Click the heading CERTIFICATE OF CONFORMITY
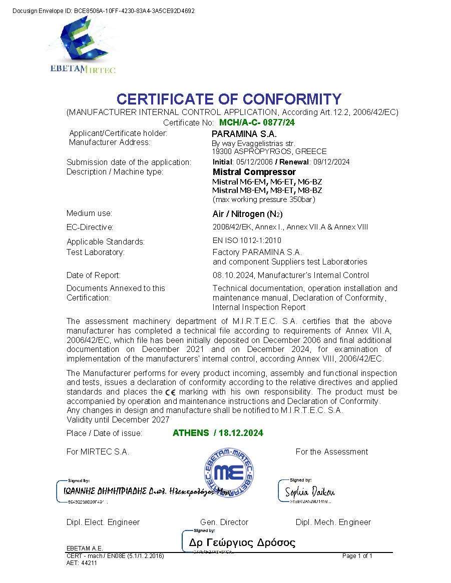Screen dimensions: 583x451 (x=229, y=99)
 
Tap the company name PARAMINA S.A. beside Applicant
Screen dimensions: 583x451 (x=244, y=134)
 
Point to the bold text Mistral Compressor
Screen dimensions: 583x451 (x=254, y=172)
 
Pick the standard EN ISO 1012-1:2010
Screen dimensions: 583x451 (x=247, y=240)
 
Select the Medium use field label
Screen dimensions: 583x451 (x=89, y=213)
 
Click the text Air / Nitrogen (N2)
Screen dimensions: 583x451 (x=247, y=214)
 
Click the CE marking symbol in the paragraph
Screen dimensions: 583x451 (x=170, y=392)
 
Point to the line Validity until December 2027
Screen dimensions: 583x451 (x=118, y=419)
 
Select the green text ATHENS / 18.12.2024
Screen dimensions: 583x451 (x=218, y=433)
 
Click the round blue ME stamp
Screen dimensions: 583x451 (x=228, y=472)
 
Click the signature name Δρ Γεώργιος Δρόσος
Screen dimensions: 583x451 (x=242, y=542)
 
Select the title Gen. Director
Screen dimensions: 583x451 (x=224, y=522)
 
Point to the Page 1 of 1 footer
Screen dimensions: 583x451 (x=357, y=556)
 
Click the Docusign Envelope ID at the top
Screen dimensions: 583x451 (x=103, y=10)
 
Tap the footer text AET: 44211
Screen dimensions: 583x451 (x=81, y=562)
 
